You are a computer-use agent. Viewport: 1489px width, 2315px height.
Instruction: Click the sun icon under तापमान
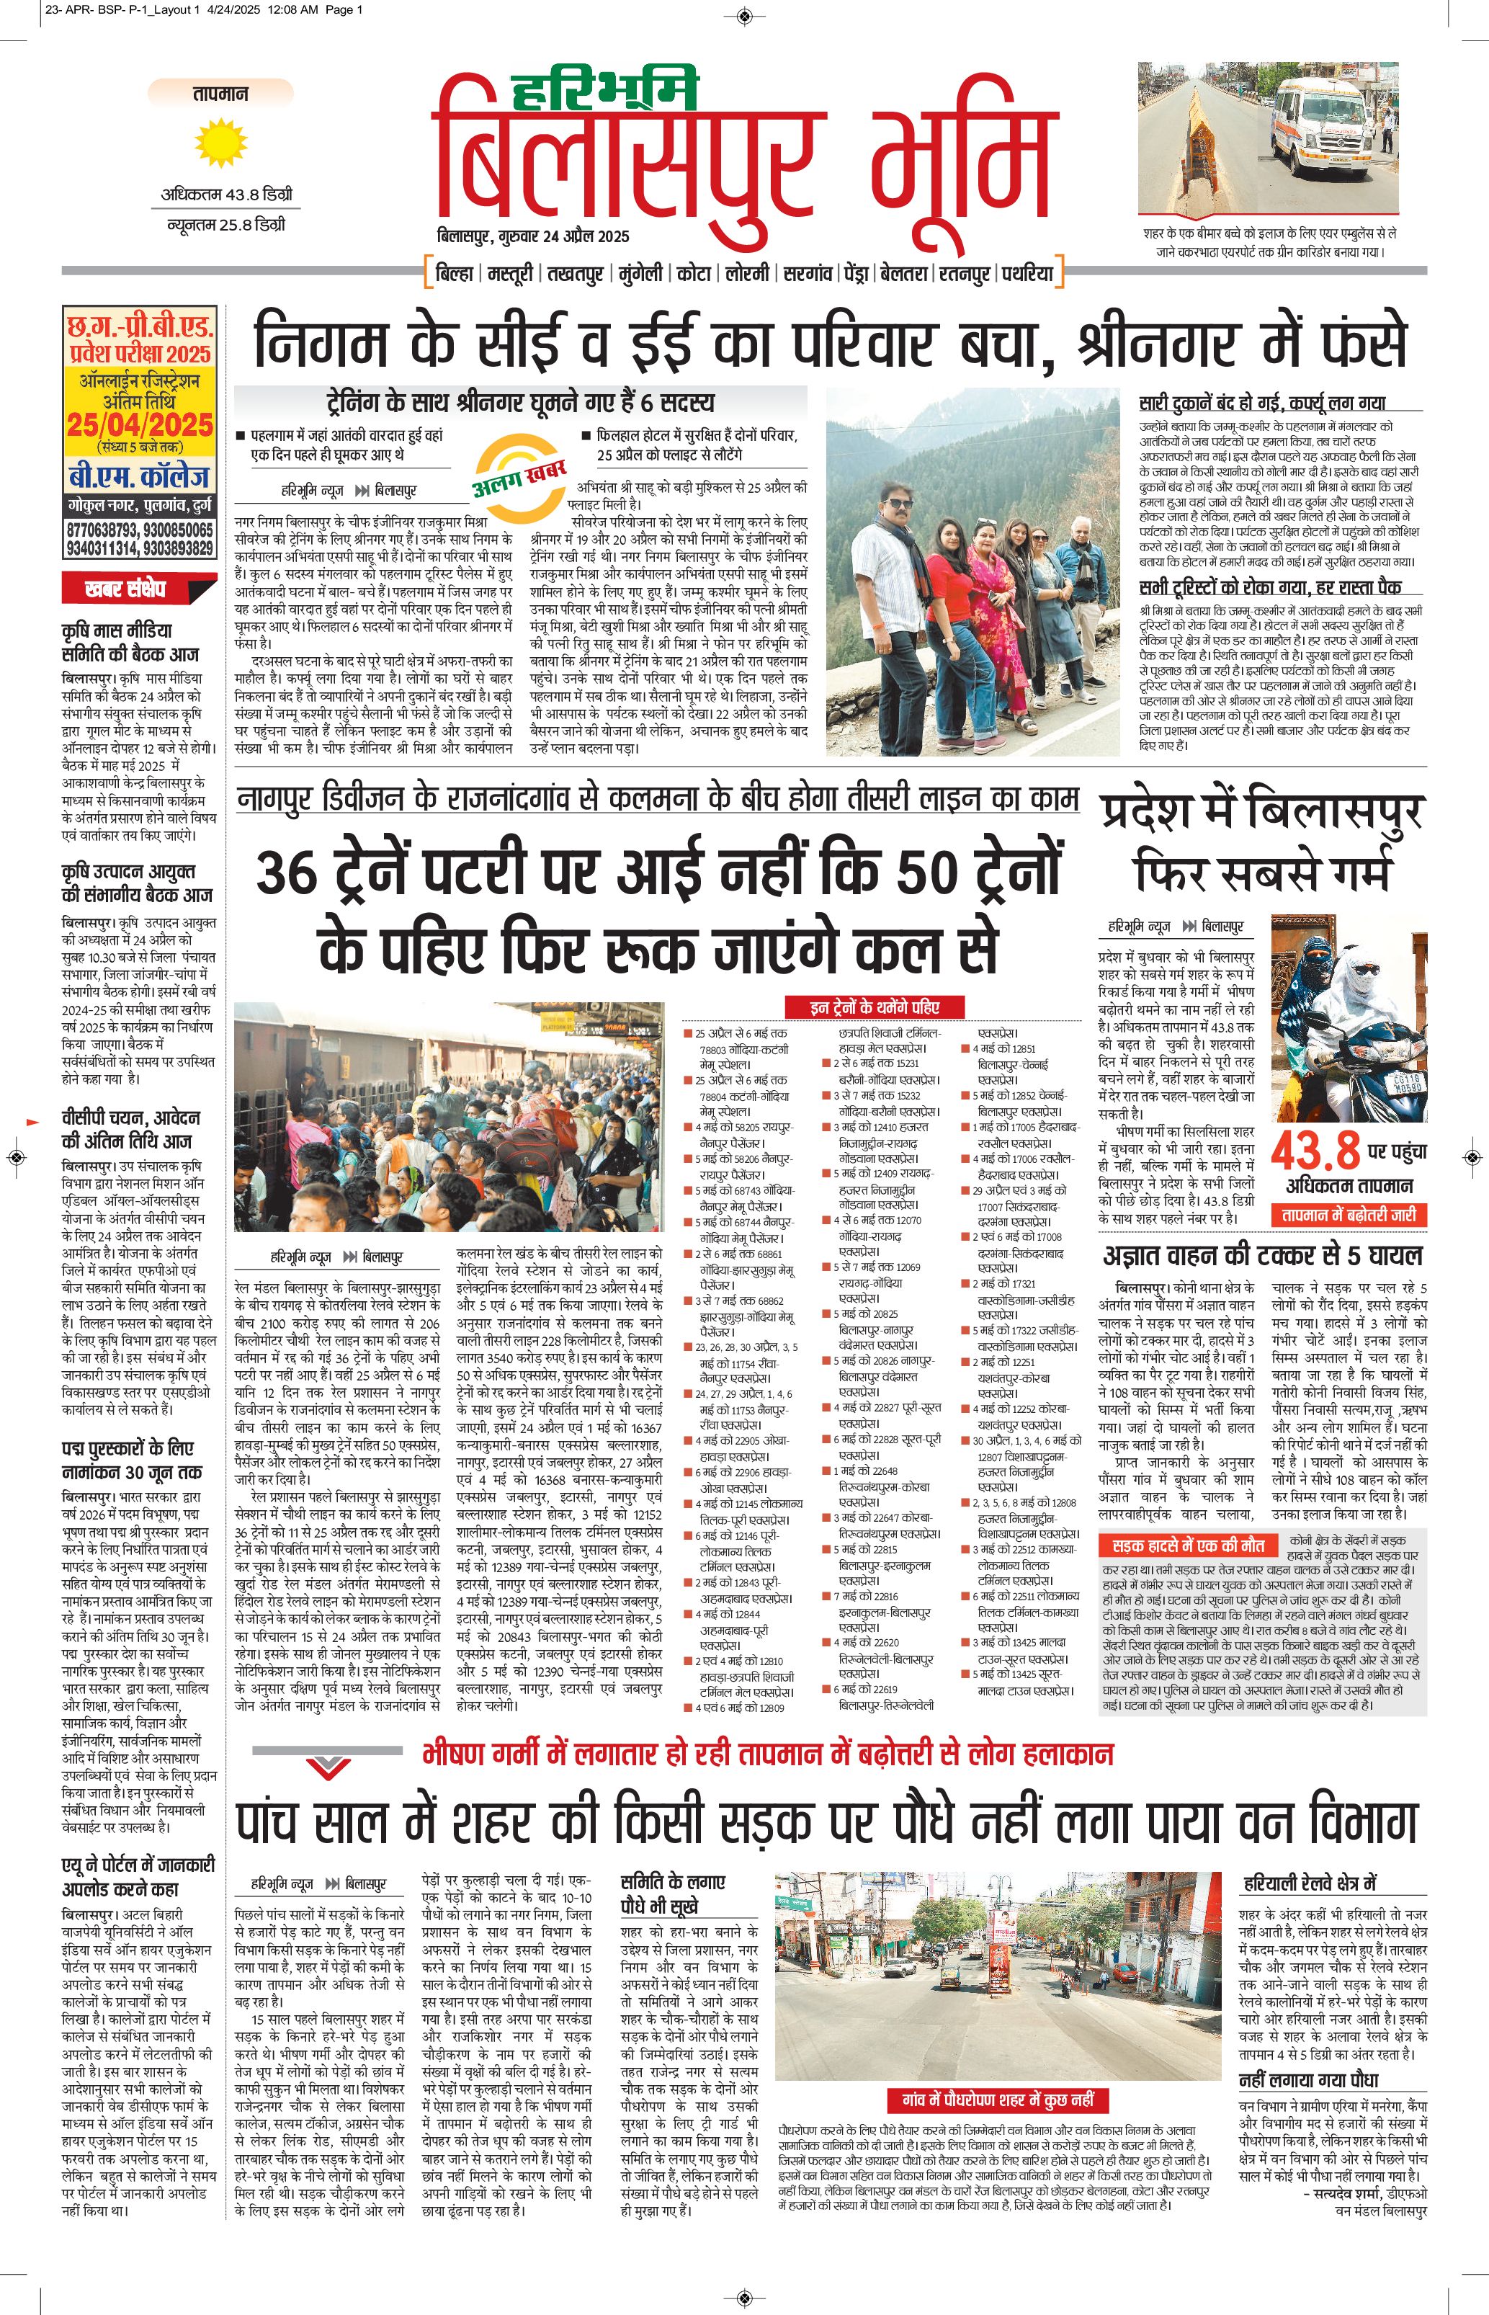(x=220, y=142)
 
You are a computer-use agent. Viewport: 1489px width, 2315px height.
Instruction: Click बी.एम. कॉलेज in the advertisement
(x=139, y=477)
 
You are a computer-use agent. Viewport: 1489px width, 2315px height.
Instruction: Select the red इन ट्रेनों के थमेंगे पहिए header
(x=874, y=1007)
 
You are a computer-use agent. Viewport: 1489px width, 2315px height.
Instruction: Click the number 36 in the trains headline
(x=287, y=873)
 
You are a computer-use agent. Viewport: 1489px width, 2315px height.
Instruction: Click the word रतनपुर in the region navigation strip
(x=964, y=274)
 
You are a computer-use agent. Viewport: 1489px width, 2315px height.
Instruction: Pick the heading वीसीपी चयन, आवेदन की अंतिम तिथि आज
(x=132, y=1128)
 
